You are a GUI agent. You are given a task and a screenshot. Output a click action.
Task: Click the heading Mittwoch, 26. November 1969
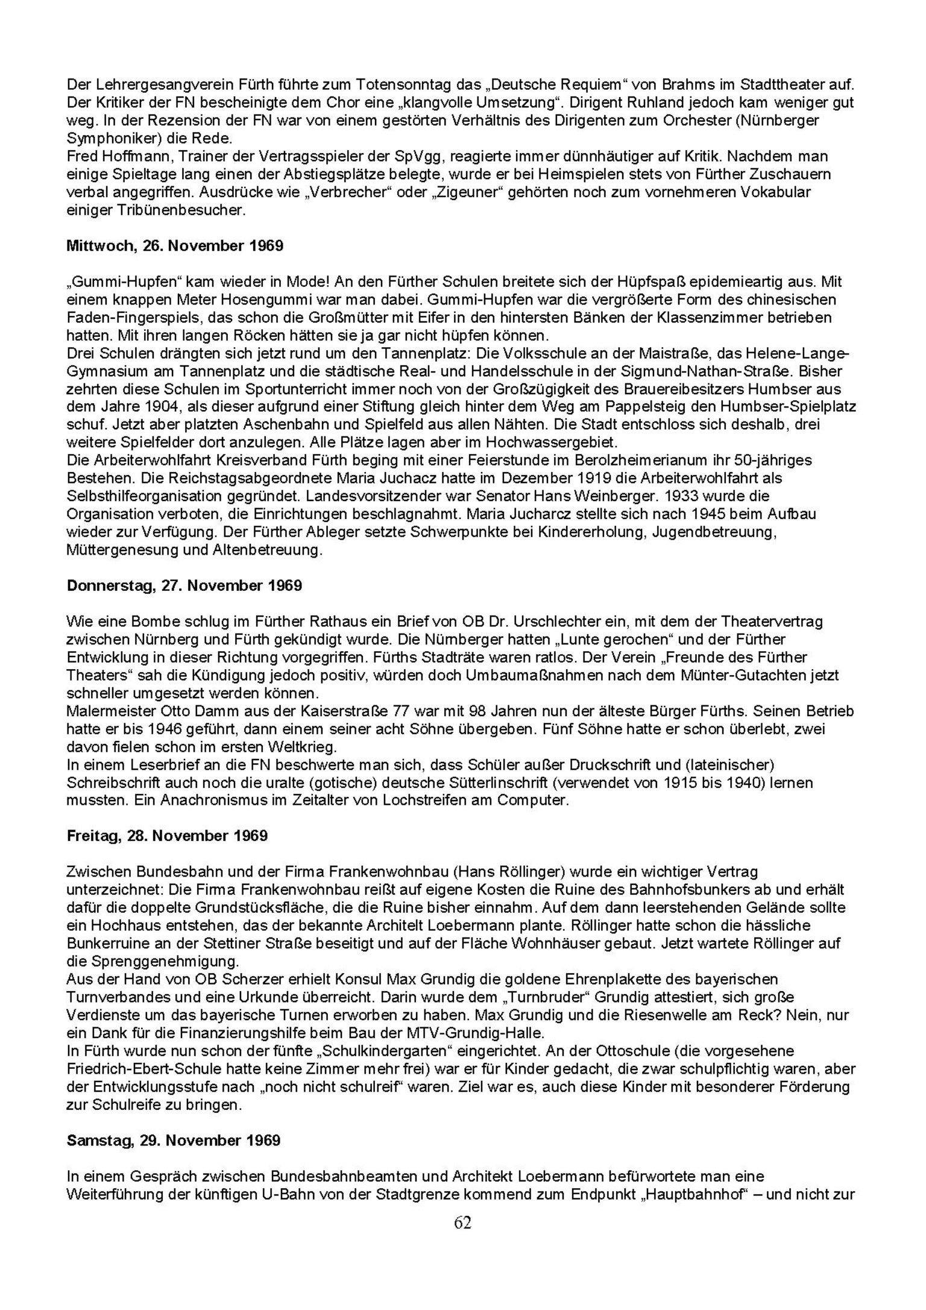coord(175,246)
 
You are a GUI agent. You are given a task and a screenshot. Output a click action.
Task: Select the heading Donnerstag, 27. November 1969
coord(184,585)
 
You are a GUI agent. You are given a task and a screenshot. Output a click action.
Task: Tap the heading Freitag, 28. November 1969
coord(167,836)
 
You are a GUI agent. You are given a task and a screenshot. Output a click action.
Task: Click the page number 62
coord(462,1223)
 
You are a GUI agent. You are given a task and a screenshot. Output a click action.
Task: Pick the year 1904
coord(152,406)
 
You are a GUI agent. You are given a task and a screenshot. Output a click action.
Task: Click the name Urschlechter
coord(545,621)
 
